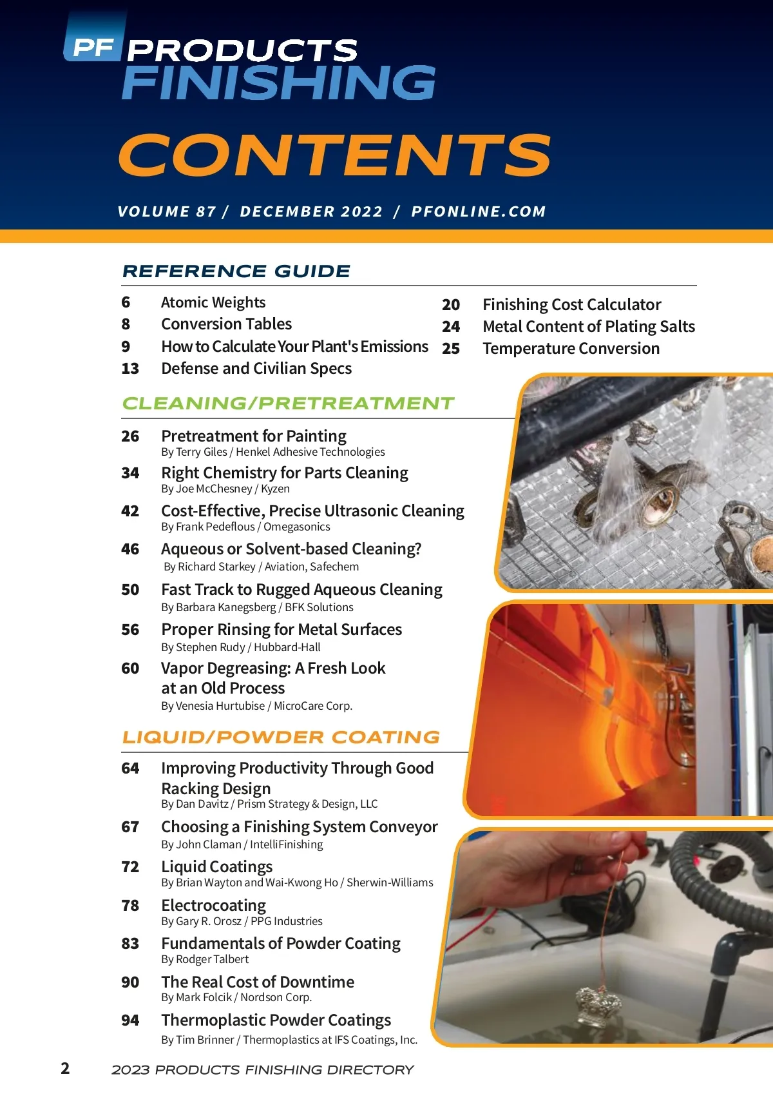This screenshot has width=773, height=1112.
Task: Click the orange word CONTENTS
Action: click(335, 155)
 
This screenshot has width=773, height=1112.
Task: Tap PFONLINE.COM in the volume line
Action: click(479, 211)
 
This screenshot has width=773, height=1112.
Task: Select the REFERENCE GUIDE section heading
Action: click(236, 271)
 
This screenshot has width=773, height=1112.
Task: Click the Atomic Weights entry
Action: click(213, 302)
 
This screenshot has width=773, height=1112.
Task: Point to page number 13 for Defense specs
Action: click(130, 369)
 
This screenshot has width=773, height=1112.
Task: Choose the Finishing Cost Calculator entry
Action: click(572, 304)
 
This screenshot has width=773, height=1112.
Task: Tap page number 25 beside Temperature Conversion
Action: click(451, 349)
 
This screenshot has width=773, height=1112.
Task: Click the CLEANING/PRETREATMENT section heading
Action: click(289, 404)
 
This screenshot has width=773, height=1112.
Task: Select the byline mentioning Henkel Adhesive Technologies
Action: click(273, 452)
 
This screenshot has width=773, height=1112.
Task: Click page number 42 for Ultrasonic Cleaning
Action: click(130, 511)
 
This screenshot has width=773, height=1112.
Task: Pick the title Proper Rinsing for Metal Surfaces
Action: click(282, 629)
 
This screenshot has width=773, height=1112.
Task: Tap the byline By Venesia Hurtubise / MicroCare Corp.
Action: click(257, 706)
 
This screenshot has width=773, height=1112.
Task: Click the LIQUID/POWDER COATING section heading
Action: click(282, 737)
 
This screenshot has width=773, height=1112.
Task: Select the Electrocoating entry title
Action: click(214, 905)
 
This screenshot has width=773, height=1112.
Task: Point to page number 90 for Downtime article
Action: click(130, 982)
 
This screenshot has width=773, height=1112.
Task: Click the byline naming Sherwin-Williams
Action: click(297, 883)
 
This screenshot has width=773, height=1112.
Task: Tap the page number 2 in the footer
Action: click(65, 1068)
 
